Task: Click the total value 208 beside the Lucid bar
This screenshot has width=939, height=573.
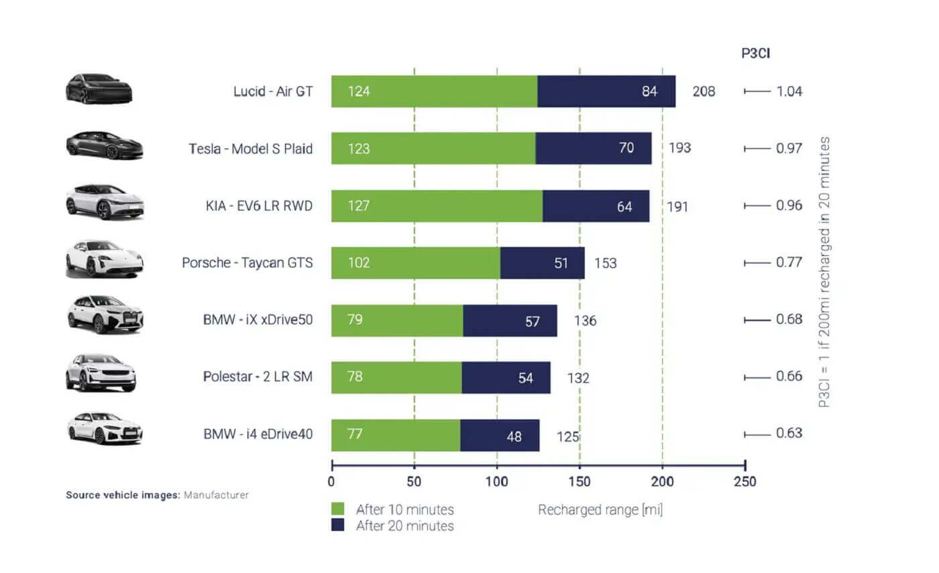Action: [704, 91]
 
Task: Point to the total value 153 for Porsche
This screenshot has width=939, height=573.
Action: [605, 263]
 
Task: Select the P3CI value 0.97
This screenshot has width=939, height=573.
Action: [789, 148]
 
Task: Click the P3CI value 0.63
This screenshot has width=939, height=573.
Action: [789, 433]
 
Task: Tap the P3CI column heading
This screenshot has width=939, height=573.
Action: [755, 54]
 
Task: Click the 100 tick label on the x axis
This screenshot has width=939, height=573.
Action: [497, 481]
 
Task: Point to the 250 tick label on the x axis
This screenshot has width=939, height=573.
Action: [744, 481]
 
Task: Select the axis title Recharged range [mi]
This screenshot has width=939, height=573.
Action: [600, 510]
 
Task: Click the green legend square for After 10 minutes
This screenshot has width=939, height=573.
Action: [338, 509]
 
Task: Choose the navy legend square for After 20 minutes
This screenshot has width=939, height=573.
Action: [338, 525]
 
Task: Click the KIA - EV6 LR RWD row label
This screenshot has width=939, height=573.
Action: [259, 205]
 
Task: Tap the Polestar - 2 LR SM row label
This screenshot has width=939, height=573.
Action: [258, 377]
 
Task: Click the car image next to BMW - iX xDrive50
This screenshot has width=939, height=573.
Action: [105, 314]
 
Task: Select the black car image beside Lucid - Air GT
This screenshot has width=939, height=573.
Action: [99, 88]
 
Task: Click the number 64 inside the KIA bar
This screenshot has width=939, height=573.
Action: [624, 206]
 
